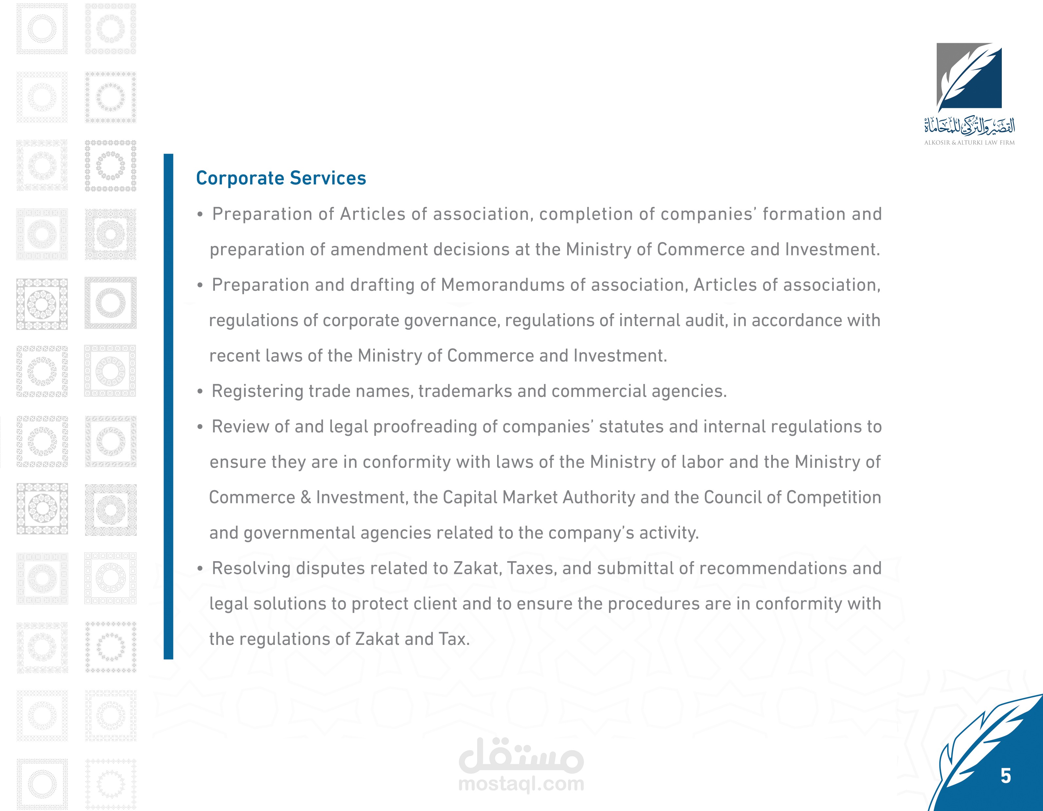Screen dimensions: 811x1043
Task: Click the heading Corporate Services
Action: [281, 178]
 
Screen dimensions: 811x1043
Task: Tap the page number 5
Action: [1006, 776]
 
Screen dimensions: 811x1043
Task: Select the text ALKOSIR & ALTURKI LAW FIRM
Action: [969, 142]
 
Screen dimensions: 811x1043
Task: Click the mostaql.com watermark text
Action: [521, 784]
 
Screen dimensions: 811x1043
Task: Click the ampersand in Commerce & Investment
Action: [306, 498]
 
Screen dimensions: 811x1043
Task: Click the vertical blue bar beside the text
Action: [168, 406]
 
